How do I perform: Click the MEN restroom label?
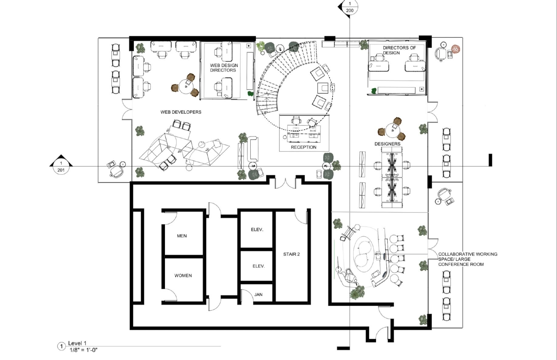[x=182, y=236]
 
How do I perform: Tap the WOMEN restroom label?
[x=183, y=276]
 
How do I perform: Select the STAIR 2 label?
[x=291, y=254]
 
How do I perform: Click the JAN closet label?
[x=258, y=294]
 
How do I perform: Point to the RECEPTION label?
[x=303, y=147]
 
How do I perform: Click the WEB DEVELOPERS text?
[x=181, y=112]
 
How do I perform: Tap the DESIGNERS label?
[x=387, y=144]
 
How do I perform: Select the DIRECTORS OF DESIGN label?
[x=399, y=50]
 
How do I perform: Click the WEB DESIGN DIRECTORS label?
[x=224, y=68]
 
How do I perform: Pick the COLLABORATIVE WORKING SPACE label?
[x=468, y=256]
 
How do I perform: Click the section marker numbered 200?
[x=350, y=7]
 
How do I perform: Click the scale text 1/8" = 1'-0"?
[x=84, y=350]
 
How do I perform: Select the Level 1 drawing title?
[x=77, y=343]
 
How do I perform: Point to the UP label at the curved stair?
[x=265, y=113]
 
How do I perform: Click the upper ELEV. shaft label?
[x=257, y=229]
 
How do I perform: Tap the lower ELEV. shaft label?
[x=258, y=266]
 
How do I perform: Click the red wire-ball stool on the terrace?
[x=455, y=49]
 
